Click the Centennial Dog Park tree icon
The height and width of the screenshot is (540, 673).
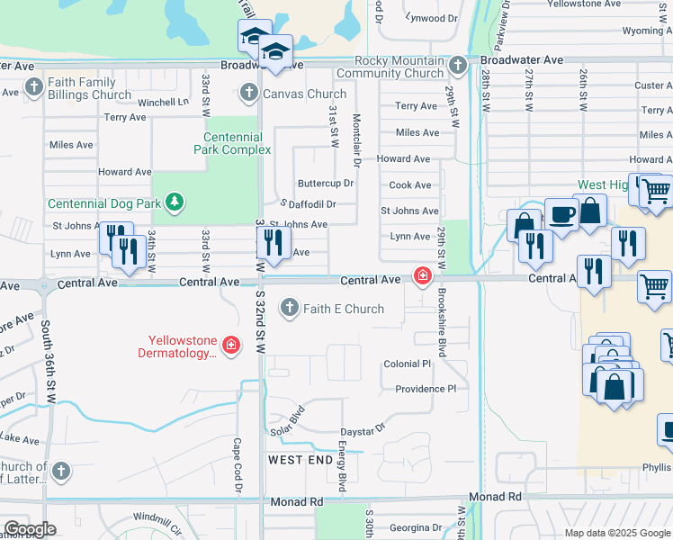[175, 202]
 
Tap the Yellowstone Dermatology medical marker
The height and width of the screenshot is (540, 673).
[231, 346]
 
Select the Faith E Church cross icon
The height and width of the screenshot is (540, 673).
[290, 309]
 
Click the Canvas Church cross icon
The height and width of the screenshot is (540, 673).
[249, 94]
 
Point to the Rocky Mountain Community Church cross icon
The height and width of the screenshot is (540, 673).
[458, 66]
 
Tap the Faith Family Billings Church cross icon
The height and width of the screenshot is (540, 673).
[34, 88]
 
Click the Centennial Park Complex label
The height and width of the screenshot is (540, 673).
[231, 143]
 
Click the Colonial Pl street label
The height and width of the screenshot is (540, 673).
[408, 364]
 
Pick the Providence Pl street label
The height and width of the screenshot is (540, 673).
[426, 389]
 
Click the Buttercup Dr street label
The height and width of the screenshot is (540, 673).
[326, 184]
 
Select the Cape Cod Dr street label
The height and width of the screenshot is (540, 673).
[238, 464]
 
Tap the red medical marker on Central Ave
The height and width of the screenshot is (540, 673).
[421, 275]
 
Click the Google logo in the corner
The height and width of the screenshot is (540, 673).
[30, 529]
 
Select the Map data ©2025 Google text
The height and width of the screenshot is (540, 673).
[616, 533]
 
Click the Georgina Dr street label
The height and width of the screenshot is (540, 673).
[412, 527]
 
